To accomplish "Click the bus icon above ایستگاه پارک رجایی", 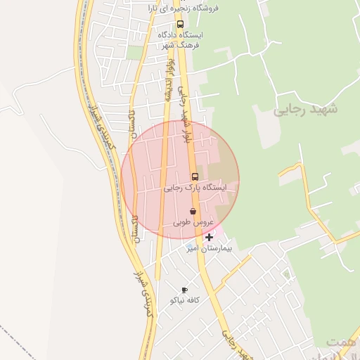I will [195, 176].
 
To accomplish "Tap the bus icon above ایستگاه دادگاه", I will [181, 23].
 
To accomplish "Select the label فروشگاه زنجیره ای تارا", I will [184, 8].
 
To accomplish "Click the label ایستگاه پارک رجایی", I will [195, 188].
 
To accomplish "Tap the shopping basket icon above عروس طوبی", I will [193, 211].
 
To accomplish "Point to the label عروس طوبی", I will [193, 222].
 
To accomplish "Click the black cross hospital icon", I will [209, 238].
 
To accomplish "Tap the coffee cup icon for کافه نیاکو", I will [184, 290].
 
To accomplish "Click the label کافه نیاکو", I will [185, 300].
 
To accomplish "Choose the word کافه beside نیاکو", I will [193, 300].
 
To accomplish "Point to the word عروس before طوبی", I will [202, 222].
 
